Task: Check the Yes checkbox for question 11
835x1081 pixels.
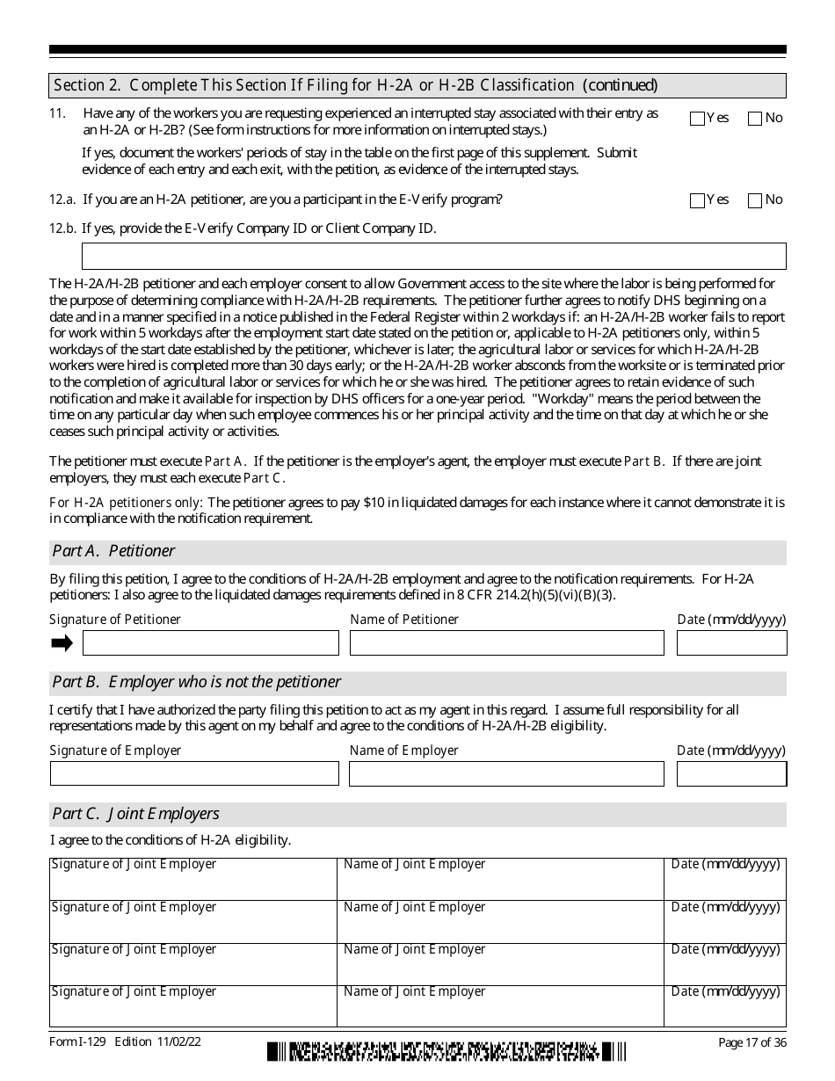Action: point(697,119)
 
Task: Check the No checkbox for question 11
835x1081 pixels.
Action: point(754,119)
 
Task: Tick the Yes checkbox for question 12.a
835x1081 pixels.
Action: point(697,200)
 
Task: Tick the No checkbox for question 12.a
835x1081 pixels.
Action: point(754,200)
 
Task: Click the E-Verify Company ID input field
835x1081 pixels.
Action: point(433,256)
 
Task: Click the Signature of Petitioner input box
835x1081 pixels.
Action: point(210,642)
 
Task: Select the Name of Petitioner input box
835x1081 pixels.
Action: point(506,642)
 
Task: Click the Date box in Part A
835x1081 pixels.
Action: point(731,642)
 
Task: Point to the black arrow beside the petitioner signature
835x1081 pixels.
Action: point(62,643)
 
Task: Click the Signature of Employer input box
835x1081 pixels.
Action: point(193,773)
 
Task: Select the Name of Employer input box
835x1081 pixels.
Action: point(506,773)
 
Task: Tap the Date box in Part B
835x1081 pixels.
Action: point(731,773)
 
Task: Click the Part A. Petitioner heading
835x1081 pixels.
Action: point(113,551)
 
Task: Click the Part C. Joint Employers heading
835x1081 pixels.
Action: point(135,814)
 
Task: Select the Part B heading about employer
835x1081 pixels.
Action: point(196,682)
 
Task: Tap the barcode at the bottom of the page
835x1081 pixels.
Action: point(447,1050)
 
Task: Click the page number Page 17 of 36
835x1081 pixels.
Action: point(751,1042)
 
